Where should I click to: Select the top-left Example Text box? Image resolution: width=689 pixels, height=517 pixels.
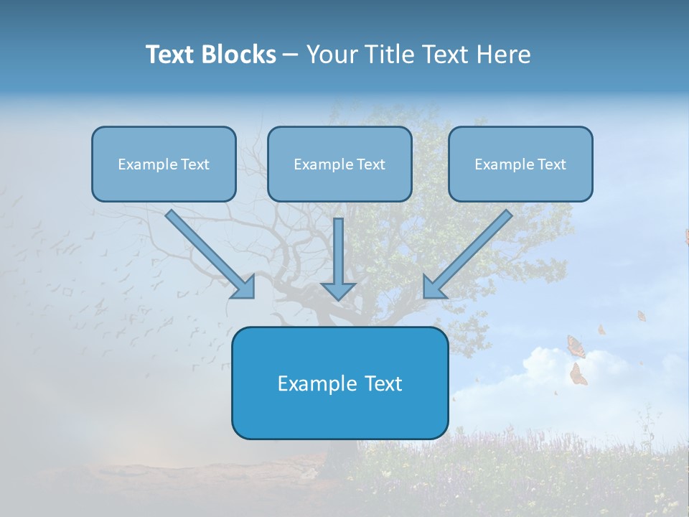point(164,164)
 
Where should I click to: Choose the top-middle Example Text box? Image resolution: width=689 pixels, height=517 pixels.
point(339,164)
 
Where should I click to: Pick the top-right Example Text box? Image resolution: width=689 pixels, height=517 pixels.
point(520,164)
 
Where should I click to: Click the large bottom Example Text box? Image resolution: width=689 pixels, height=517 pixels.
point(339,383)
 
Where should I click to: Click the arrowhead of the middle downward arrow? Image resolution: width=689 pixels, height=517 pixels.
point(338,290)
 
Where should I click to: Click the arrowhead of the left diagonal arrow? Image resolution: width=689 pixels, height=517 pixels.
point(244,287)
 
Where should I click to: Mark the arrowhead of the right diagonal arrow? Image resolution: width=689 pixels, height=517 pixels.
point(433,287)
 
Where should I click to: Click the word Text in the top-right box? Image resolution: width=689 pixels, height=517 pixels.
point(551,164)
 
